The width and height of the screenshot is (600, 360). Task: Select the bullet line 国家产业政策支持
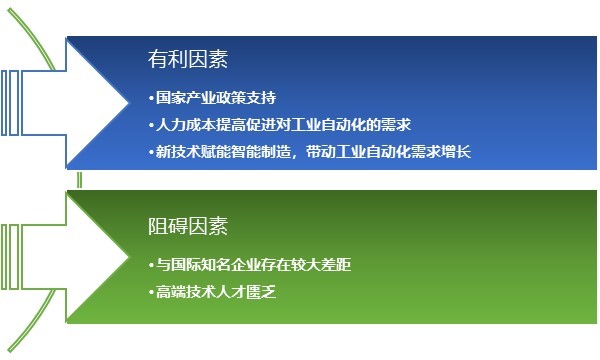[x=211, y=99]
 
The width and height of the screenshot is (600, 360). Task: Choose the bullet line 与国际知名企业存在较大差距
[x=249, y=265]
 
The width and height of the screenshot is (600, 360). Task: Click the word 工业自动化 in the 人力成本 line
[x=347, y=125]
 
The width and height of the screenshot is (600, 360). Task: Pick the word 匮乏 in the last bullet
[x=260, y=291]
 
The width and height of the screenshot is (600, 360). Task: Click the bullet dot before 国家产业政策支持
[x=149, y=99]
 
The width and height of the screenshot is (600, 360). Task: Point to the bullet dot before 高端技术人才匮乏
[x=149, y=291]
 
